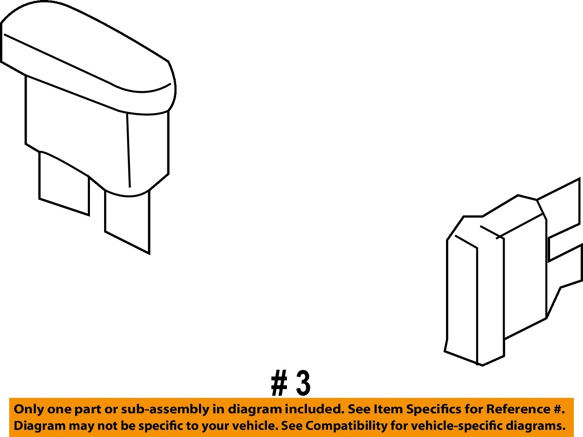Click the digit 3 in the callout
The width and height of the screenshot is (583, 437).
303,383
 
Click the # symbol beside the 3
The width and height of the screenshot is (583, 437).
279,383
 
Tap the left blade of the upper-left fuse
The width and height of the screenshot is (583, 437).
64,183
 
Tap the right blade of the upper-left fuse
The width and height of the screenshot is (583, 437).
127,222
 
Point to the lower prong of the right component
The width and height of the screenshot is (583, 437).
564,268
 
